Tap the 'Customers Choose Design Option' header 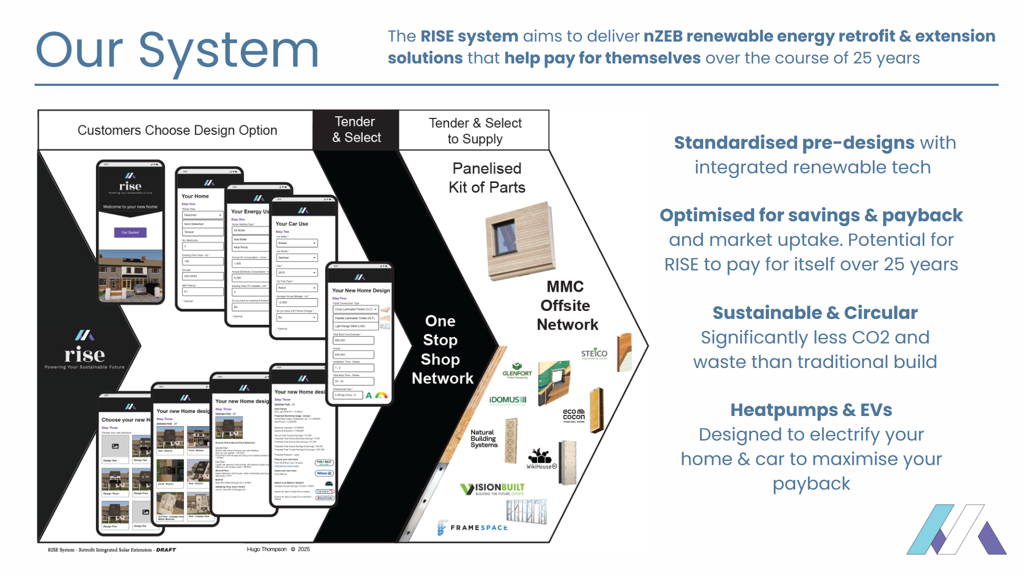tap(177, 130)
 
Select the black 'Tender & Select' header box tap(356, 130)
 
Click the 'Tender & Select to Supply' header tap(475, 131)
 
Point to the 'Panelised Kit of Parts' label tap(486, 178)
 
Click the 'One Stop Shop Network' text tap(442, 349)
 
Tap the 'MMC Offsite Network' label tap(566, 306)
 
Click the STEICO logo tap(594, 354)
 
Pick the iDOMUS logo tap(508, 400)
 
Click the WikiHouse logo tap(541, 459)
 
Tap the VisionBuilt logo tap(493, 489)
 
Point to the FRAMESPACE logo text tap(478, 527)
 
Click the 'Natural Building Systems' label tap(484, 438)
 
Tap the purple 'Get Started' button tap(130, 233)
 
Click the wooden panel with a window tap(519, 241)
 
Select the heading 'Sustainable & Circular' tap(814, 313)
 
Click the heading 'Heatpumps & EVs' tap(811, 410)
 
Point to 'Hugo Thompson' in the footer tap(267, 549)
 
